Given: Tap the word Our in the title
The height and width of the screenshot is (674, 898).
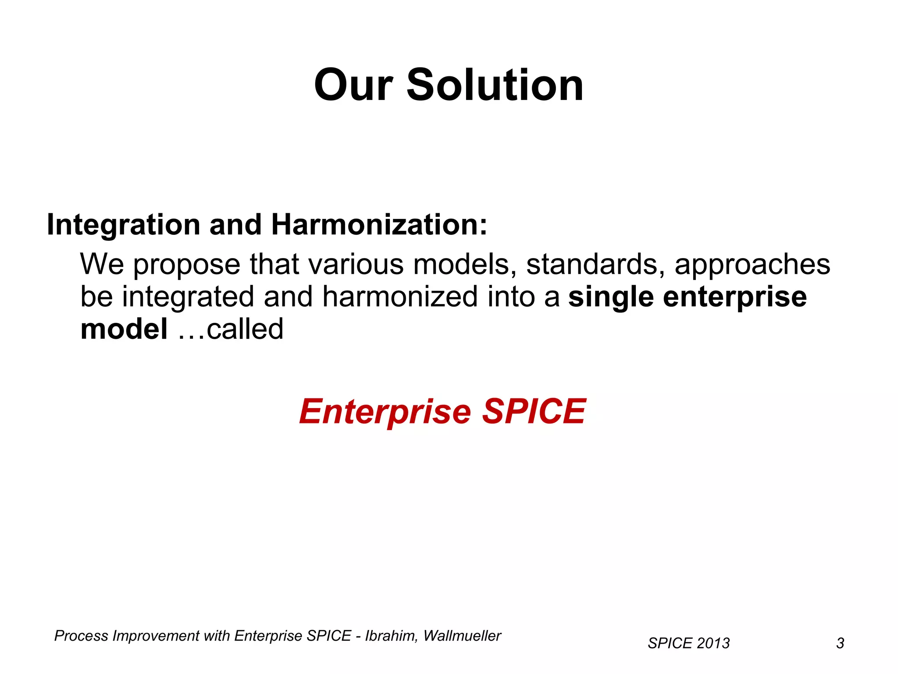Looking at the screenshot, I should coord(353,85).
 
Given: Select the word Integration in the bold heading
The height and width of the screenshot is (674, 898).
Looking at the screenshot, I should coord(123,225).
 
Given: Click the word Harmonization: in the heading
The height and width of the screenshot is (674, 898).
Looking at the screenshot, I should coord(379,225).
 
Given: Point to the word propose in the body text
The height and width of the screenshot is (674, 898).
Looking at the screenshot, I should coord(187,265).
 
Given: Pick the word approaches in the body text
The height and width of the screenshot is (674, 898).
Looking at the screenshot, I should coord(752,265).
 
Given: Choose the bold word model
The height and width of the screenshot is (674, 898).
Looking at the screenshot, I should coord(124,329).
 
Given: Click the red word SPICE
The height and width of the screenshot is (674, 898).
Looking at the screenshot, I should coord(534,411).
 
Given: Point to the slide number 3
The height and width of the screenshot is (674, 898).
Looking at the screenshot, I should coord(840,643).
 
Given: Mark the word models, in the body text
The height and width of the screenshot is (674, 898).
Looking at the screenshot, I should coord(464,264).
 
